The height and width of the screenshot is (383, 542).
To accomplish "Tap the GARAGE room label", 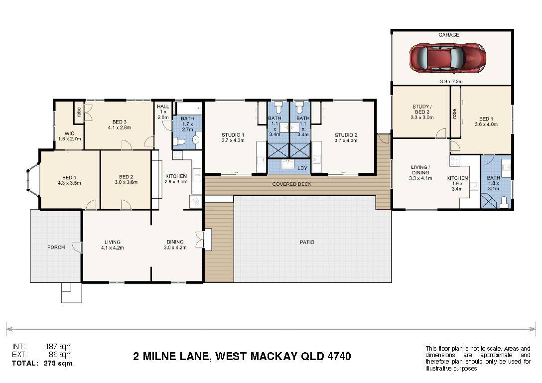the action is (449, 35).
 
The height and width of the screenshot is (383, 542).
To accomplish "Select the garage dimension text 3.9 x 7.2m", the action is (451, 82).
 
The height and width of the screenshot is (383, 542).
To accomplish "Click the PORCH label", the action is (56, 247).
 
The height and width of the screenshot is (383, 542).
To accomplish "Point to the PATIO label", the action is (307, 242).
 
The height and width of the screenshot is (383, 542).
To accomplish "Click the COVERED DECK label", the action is (292, 184).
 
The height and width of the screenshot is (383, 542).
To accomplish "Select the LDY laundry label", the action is (302, 168).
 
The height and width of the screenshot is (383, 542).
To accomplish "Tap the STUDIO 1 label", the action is (233, 135).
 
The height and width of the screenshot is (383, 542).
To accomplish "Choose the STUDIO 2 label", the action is (346, 135).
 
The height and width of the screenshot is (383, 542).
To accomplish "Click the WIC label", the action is (69, 133).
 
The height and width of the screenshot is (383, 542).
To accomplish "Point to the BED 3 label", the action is (119, 122).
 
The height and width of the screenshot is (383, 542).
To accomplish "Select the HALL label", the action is (163, 107).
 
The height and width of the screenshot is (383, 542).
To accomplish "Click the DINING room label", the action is (175, 242).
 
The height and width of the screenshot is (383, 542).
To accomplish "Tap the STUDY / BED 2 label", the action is (422, 109).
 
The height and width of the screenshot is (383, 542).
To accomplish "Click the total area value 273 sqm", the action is (58, 363).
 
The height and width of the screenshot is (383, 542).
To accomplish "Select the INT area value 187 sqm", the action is (58, 346).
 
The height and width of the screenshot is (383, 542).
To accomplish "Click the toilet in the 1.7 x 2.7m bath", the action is (179, 141).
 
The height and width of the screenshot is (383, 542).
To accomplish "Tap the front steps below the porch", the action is (72, 292).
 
